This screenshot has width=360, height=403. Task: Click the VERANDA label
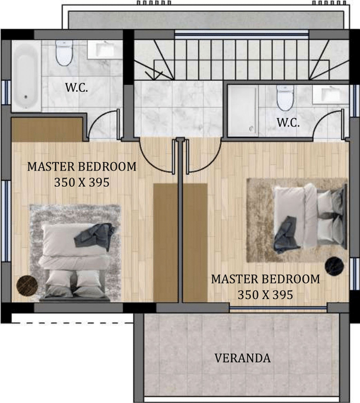coord(242,358)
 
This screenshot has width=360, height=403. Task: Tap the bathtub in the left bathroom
coord(26,76)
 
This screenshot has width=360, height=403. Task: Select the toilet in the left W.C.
coord(64,53)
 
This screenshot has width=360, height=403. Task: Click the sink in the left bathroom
coord(105,50)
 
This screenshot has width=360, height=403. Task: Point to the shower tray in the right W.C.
coord(243,110)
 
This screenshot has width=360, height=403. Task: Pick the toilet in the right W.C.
coord(285,98)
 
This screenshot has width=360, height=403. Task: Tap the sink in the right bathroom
coord(330,95)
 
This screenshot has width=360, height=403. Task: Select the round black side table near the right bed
coord(334,266)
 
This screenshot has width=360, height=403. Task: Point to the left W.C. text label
coord(76,88)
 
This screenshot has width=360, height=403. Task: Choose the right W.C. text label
coord(288,123)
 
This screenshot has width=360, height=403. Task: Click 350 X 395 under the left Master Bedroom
coord(82,182)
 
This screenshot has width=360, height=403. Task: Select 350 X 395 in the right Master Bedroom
coord(265,295)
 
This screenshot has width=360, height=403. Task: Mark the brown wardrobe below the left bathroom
coord(47,130)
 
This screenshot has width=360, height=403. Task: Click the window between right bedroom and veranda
coord(278,307)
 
